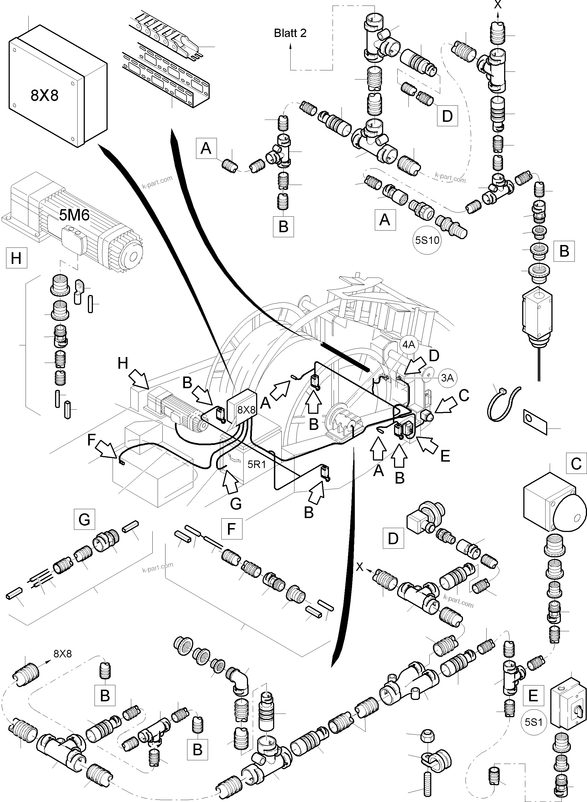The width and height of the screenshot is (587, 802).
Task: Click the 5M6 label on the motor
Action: pyautogui.click(x=74, y=215)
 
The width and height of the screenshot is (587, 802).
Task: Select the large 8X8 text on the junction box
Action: pyautogui.click(x=44, y=95)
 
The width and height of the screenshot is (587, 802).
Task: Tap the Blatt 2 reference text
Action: pyautogui.click(x=290, y=33)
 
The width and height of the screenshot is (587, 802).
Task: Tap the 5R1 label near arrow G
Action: pyautogui.click(x=257, y=464)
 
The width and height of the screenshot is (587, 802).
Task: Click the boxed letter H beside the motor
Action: pyautogui.click(x=16, y=258)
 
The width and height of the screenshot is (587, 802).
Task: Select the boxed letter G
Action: pyautogui.click(x=85, y=519)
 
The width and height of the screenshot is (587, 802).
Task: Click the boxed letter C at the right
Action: pyautogui.click(x=576, y=464)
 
